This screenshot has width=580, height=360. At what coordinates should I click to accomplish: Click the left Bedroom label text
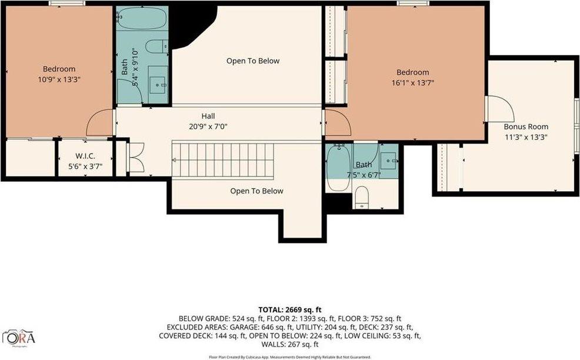[58, 69]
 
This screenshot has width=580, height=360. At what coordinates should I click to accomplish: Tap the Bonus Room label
[525, 126]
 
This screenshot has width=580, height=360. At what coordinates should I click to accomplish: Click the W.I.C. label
[85, 156]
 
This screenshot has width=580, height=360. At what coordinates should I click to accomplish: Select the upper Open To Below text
[253, 61]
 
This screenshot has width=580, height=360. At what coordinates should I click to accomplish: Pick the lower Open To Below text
[256, 191]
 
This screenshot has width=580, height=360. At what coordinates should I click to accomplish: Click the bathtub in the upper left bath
[142, 19]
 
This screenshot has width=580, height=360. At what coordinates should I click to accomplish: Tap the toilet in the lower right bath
[361, 197]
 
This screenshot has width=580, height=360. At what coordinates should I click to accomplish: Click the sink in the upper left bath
[158, 85]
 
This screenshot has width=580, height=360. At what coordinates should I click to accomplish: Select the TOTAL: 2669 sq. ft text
[291, 309]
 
